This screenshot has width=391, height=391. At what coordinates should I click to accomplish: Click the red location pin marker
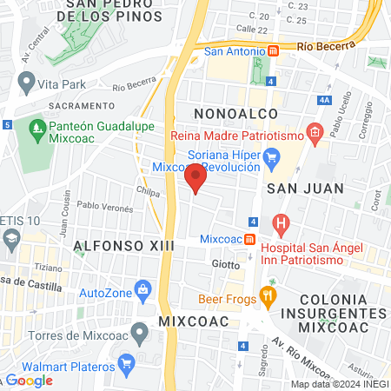pos(195,180)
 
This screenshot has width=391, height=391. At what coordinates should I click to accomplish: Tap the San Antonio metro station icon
pos(273,51)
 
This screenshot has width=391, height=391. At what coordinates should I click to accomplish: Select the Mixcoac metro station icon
pos(250,239)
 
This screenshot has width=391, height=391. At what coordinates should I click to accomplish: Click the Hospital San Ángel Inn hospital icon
pos(281,223)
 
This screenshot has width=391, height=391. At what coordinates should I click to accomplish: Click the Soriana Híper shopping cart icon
pos(272,158)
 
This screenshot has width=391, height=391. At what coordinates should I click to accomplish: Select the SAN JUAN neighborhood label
pos(305,188)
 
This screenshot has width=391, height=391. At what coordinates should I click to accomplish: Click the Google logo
pos(30,380)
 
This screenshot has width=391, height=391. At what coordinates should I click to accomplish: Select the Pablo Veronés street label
pos(105,208)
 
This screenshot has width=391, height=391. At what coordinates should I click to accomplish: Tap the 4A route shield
pos(325,101)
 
